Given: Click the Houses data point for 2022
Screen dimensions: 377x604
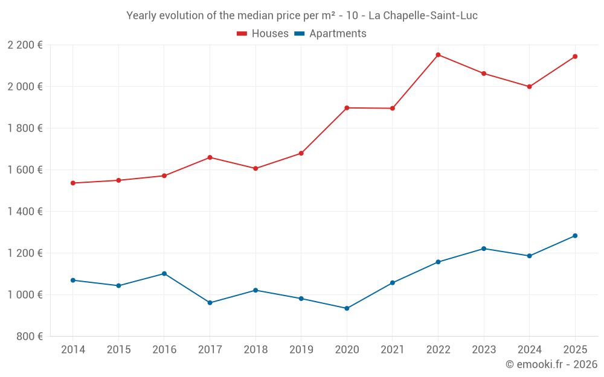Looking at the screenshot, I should [x=438, y=55].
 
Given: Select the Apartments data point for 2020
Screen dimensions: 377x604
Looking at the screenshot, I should [x=347, y=308].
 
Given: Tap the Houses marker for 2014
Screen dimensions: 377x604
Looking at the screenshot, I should [x=72, y=183].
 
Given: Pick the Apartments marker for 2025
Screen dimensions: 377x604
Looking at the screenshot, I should [x=575, y=236].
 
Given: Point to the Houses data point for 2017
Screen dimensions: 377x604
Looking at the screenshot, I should [x=210, y=157].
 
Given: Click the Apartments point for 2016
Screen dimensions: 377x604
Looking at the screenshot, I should [x=164, y=273].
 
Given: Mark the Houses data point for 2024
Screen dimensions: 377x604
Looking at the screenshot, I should [x=529, y=86].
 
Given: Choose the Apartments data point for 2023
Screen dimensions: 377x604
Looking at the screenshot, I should [x=484, y=249].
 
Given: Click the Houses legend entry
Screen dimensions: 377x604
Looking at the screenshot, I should [x=263, y=34].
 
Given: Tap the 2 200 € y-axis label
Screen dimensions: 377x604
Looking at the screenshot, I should [x=25, y=45].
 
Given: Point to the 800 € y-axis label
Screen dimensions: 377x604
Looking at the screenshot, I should [x=28, y=337].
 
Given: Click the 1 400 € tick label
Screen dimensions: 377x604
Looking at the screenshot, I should [x=25, y=212].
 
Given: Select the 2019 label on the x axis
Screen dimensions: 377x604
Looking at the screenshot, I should [x=301, y=350].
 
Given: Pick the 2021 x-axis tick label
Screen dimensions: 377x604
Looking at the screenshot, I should [x=392, y=350].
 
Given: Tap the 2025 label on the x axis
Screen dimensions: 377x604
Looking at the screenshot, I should [x=575, y=350].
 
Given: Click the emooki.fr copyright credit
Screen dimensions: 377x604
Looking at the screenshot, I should [x=551, y=364].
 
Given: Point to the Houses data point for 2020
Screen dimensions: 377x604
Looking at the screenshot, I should [x=347, y=108].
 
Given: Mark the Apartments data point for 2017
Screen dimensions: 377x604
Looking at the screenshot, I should [x=210, y=303].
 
